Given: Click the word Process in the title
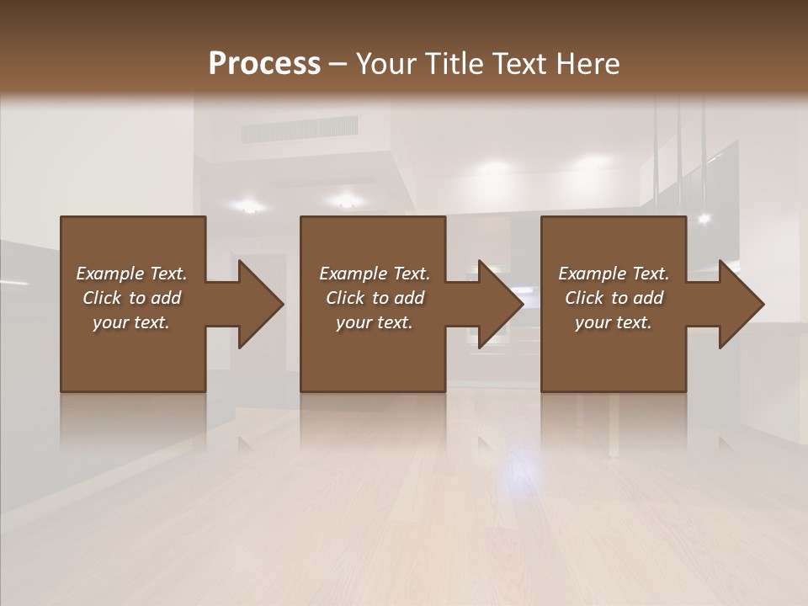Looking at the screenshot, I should tap(264, 64).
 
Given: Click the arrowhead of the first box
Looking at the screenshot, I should tap(260, 304).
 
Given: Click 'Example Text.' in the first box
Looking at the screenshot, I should tap(131, 274).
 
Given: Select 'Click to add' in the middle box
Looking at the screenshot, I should tap(375, 298).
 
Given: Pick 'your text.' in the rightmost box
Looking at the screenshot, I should tap(614, 322).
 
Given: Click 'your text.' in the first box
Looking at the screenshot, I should tap(131, 322).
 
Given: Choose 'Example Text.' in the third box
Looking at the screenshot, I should tap(614, 274).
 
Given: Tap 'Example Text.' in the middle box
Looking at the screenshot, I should tap(375, 274).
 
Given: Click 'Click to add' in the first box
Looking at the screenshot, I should tap(131, 298).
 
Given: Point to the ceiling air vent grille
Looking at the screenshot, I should tap(300, 130).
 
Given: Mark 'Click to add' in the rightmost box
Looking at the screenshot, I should tap(614, 298).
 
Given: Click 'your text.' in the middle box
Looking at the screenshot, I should tap(375, 322).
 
